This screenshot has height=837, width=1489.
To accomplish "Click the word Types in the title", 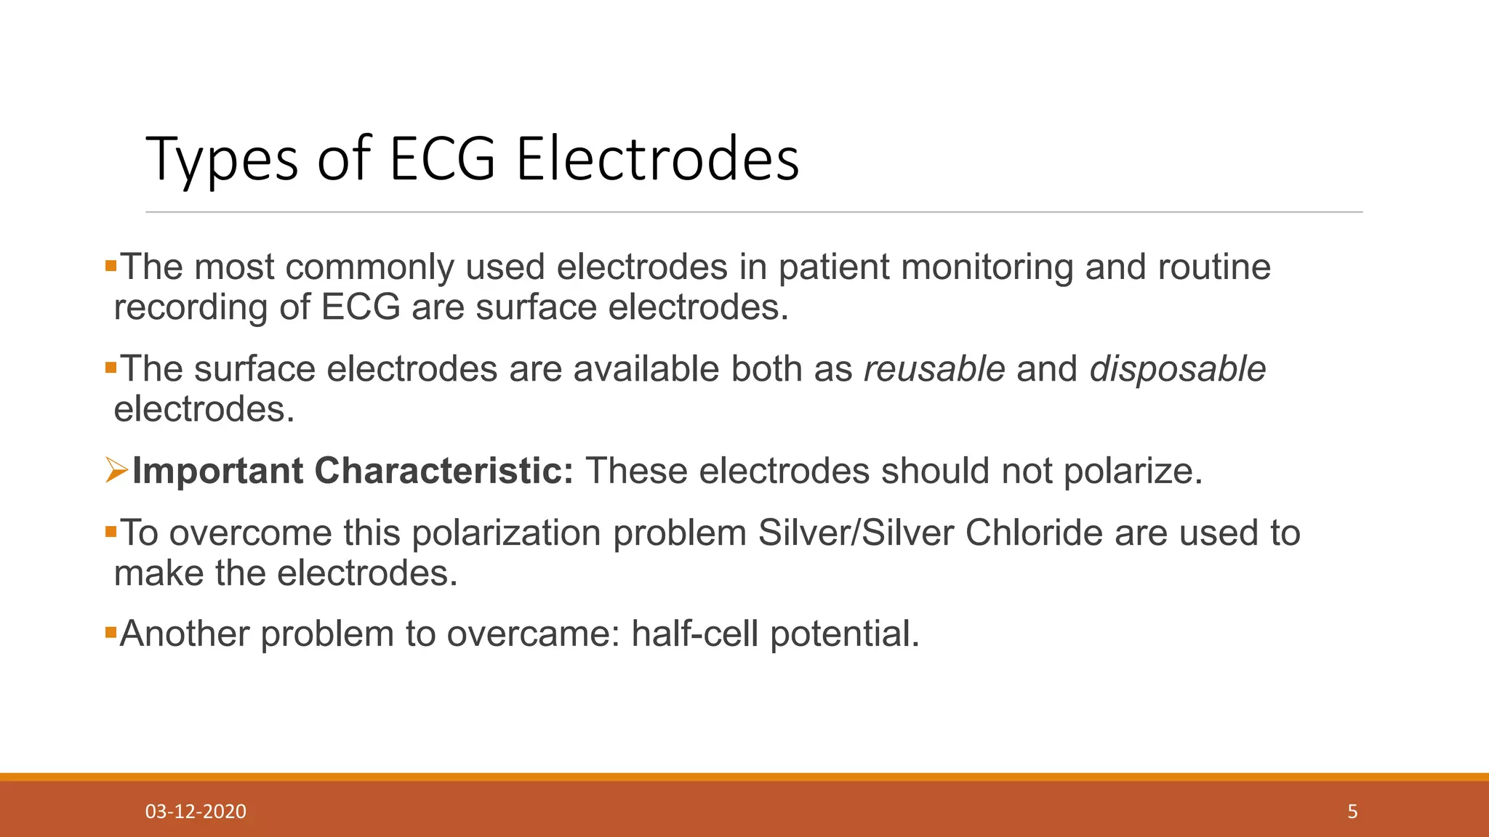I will click(222, 160).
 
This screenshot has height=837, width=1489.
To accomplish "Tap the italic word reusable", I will click(934, 369).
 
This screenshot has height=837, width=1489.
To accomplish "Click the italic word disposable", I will click(1178, 369).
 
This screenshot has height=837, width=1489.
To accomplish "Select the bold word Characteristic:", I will click(444, 471).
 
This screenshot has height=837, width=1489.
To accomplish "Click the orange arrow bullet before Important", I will click(116, 470).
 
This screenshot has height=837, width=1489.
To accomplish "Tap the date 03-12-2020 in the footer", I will click(196, 812).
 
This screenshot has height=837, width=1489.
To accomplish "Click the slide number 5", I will click(1352, 812).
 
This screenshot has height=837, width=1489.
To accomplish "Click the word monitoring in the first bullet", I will click(987, 267).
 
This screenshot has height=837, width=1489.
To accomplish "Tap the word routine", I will click(1214, 267).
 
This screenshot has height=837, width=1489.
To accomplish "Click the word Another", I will click(185, 634).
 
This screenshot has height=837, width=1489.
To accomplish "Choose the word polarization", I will click(507, 533).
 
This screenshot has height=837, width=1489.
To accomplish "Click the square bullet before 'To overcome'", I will click(111, 533).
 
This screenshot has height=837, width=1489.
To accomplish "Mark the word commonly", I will click(369, 267).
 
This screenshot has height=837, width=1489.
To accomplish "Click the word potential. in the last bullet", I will click(845, 634).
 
